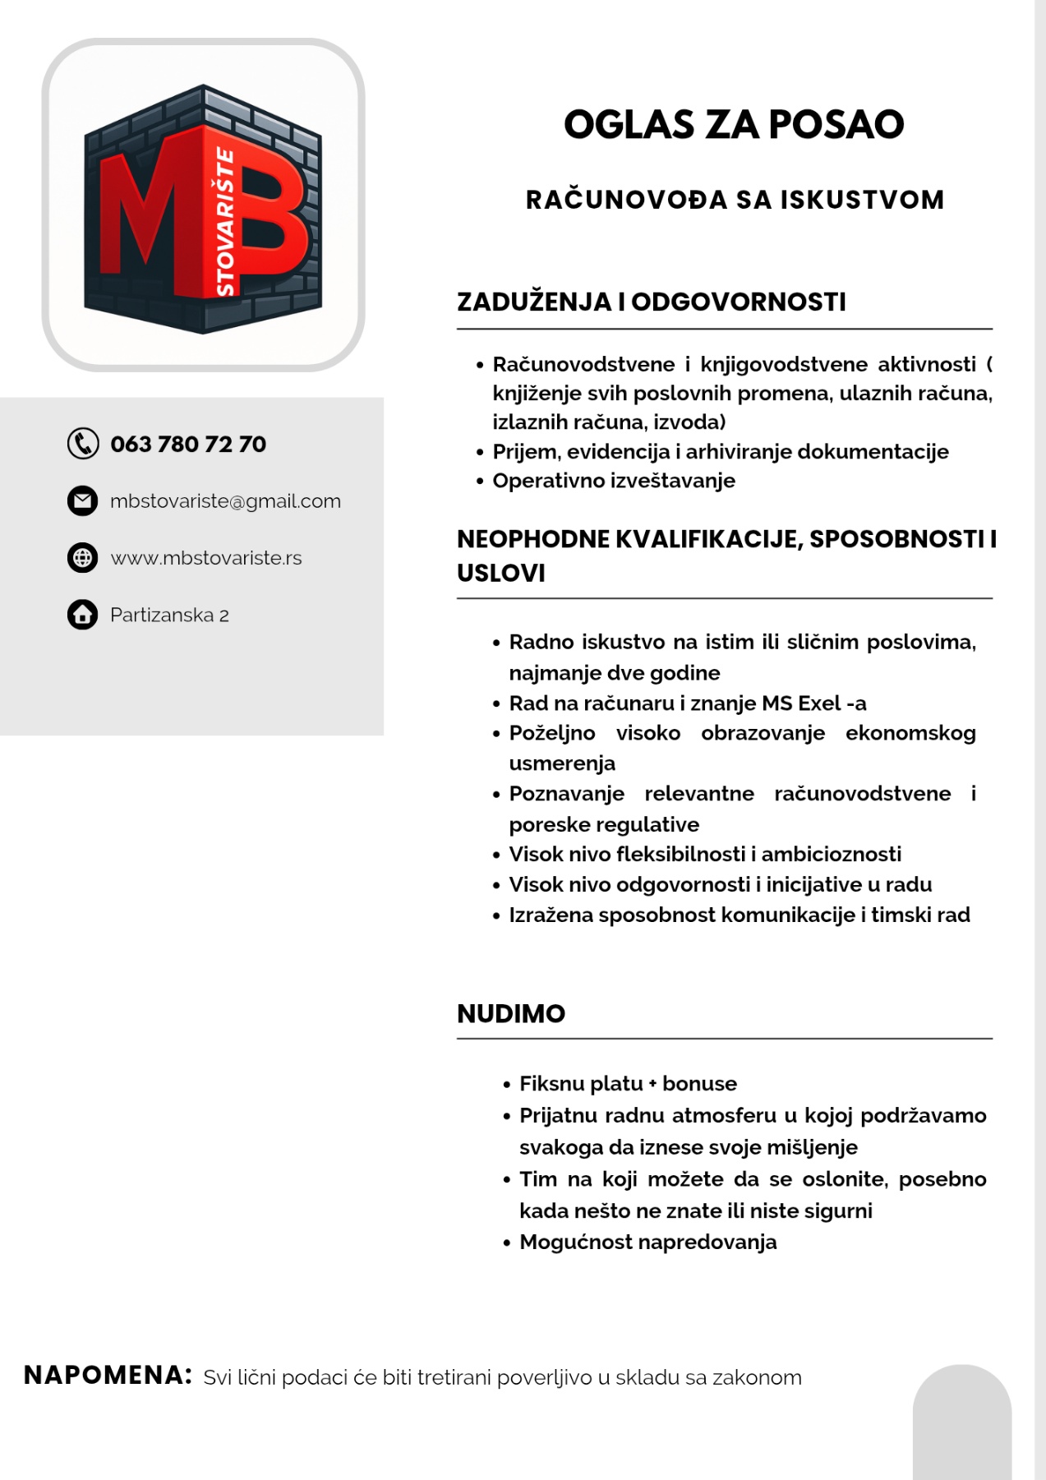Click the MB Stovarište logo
pyautogui.click(x=203, y=209)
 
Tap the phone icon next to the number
pyautogui.click(x=82, y=444)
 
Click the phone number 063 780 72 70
pyautogui.click(x=188, y=445)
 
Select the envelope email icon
pyautogui.click(x=82, y=500)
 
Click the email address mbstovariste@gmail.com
pyautogui.click(x=225, y=501)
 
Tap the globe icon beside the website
pyautogui.click(x=82, y=558)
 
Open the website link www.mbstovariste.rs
pyautogui.click(x=206, y=558)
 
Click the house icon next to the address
pyautogui.click(x=82, y=615)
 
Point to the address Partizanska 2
pyautogui.click(x=169, y=615)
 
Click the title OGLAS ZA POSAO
pyautogui.click(x=733, y=125)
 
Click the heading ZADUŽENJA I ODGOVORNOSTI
pyautogui.click(x=651, y=302)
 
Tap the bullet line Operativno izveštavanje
pyautogui.click(x=613, y=481)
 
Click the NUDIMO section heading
pyautogui.click(x=510, y=1013)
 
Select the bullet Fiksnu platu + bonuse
pyautogui.click(x=628, y=1084)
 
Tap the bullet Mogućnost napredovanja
pyautogui.click(x=647, y=1242)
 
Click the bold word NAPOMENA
pyautogui.click(x=108, y=1375)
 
